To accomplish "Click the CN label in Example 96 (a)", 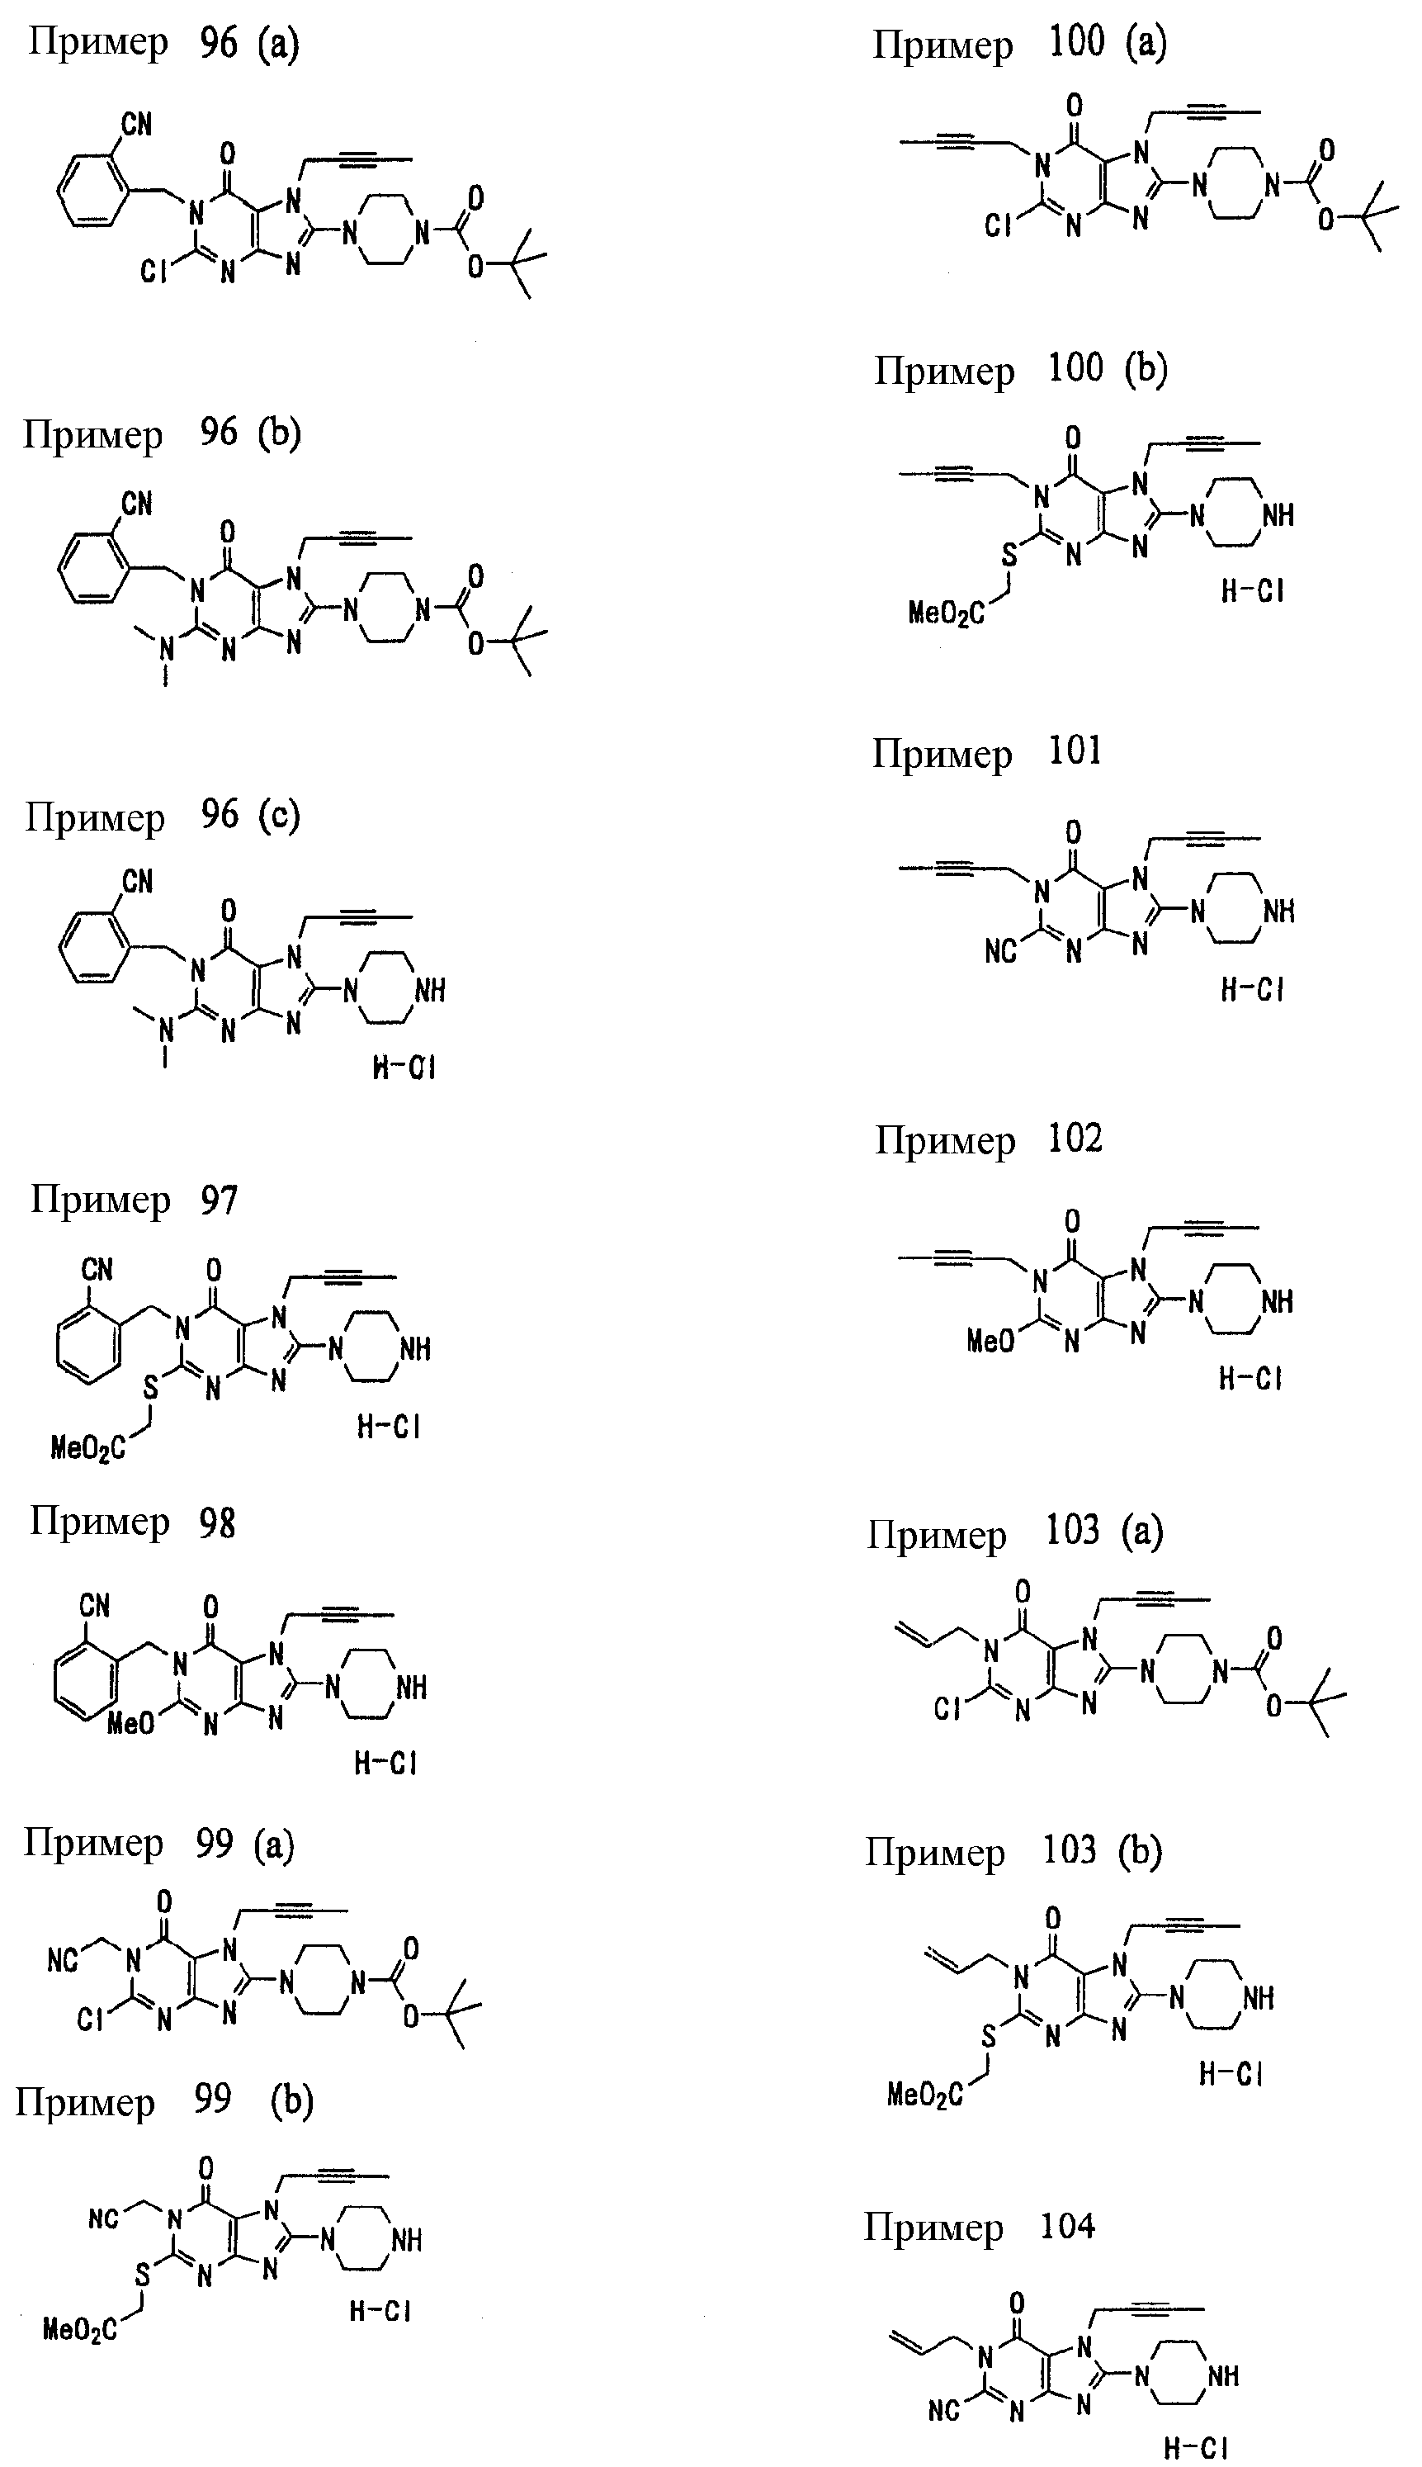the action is pos(137,124).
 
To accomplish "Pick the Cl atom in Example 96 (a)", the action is pos(154,272).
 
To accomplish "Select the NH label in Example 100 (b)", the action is pos(1278,515).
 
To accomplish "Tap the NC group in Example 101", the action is pos(1001,950).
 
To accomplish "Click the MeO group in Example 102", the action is pos(990,1342).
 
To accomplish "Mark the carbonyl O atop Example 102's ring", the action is pos(1072,1221).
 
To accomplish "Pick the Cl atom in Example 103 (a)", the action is pos(947,1708).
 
